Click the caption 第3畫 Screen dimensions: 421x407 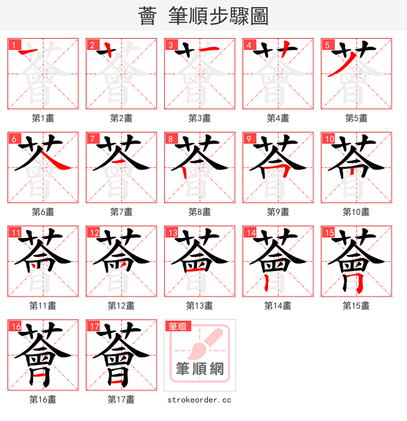click(x=199, y=118)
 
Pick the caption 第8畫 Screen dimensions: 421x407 click(x=199, y=212)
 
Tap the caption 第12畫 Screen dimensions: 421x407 click(x=121, y=306)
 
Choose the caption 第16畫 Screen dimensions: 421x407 click(x=43, y=400)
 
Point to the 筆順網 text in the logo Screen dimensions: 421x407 click(x=199, y=369)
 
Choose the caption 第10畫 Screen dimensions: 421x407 click(x=356, y=212)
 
